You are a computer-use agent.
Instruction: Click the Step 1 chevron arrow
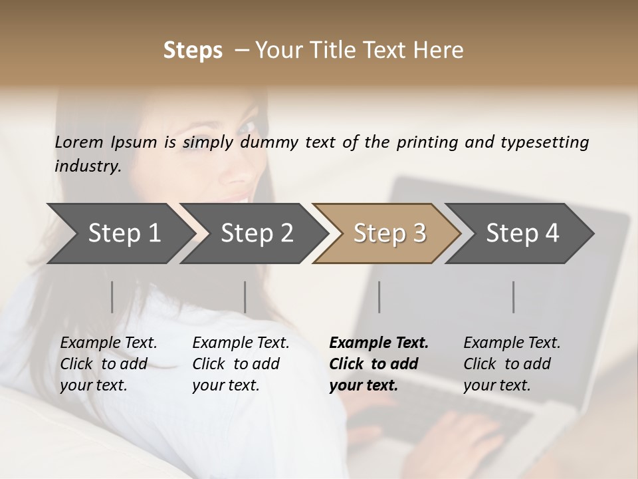click(x=120, y=234)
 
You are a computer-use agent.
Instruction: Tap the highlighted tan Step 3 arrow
click(x=389, y=234)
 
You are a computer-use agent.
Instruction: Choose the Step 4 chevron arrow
click(x=522, y=234)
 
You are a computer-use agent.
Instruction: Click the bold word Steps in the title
click(x=193, y=51)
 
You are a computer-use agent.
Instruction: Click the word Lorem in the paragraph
click(x=79, y=142)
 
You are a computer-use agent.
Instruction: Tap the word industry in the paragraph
click(x=87, y=166)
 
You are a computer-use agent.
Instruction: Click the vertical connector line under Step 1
click(x=112, y=297)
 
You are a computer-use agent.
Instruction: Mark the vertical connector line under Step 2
click(x=245, y=297)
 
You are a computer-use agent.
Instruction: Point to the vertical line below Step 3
click(x=379, y=297)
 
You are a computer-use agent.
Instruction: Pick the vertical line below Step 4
click(x=513, y=297)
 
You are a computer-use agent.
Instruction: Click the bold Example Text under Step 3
click(x=379, y=343)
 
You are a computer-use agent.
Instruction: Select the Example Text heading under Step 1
click(x=108, y=343)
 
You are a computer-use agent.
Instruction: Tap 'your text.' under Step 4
click(x=496, y=385)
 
